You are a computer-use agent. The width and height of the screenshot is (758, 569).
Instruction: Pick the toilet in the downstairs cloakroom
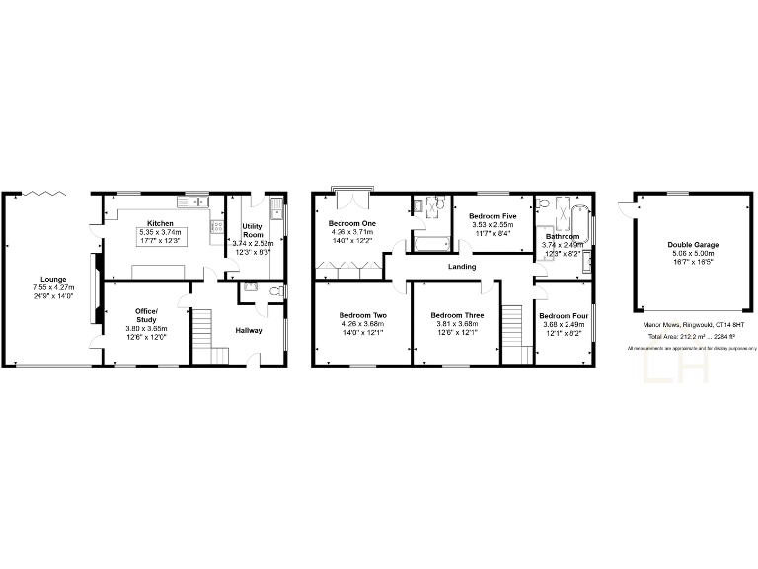275,291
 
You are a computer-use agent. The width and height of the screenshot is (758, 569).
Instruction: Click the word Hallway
249,330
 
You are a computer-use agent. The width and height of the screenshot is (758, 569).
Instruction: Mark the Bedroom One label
352,224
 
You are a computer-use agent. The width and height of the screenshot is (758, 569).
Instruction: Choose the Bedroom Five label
493,216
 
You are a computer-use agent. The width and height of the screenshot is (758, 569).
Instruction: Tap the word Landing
461,267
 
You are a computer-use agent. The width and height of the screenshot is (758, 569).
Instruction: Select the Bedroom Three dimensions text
458,328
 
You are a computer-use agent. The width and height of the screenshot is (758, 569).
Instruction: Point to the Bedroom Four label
564,316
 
